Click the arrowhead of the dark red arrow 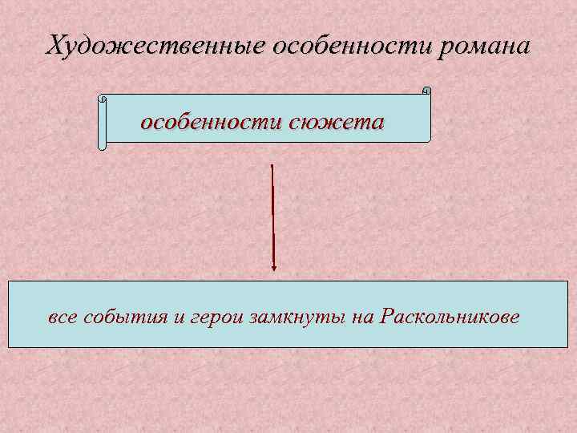click(x=274, y=267)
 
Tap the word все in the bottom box click(x=64, y=317)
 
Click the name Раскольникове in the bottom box click(x=450, y=317)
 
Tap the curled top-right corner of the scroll click(x=426, y=91)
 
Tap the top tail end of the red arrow click(x=272, y=166)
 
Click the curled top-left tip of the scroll click(x=101, y=99)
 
